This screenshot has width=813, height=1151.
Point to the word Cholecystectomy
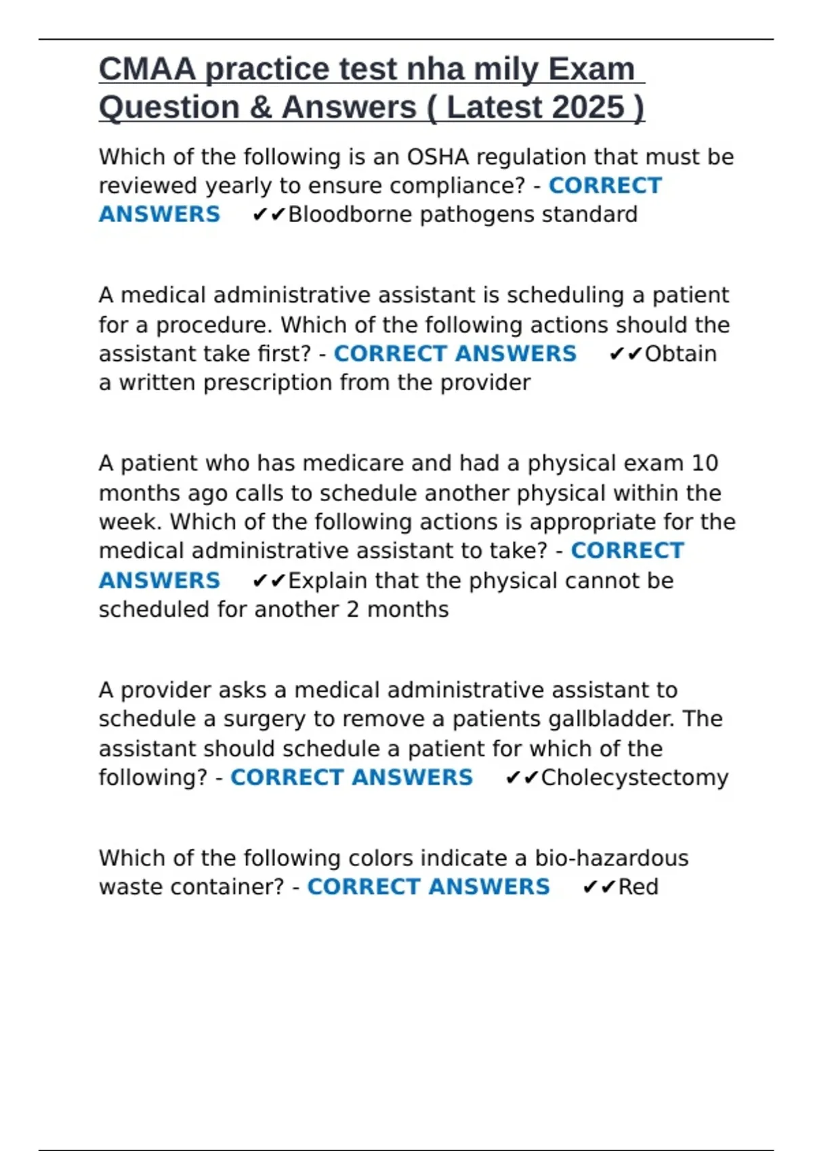point(635,777)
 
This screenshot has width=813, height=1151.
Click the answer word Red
point(638,887)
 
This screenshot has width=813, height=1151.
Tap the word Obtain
point(680,354)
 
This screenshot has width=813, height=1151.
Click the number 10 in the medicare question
point(705,464)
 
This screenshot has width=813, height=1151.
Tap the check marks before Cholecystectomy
point(522,778)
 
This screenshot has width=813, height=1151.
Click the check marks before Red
point(599,888)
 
